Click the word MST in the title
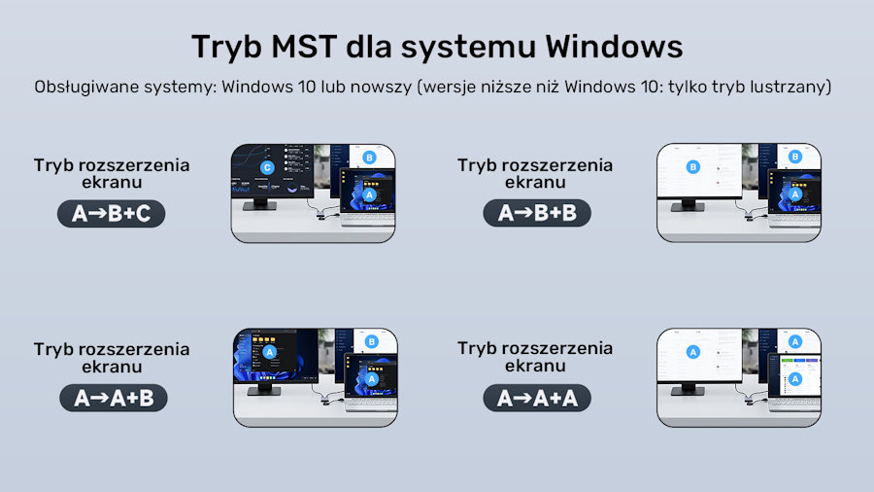pos(304,47)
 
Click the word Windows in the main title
pos(614,47)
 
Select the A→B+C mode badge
pos(112,214)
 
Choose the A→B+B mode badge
pos(537,213)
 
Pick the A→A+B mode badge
pos(114,399)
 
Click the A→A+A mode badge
pos(537,399)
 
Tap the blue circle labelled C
pos(267,167)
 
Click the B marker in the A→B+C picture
pos(369,158)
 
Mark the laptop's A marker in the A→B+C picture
pos(369,194)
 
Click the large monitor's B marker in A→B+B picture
pos(692,167)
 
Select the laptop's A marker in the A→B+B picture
pos(794,194)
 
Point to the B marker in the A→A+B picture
pos(371,341)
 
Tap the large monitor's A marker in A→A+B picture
pos(269,352)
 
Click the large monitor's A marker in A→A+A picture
pos(692,352)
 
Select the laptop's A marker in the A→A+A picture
pos(794,379)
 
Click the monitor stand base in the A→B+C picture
pos(259,206)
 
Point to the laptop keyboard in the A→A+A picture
pos(794,403)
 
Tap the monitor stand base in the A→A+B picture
pos(263,391)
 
